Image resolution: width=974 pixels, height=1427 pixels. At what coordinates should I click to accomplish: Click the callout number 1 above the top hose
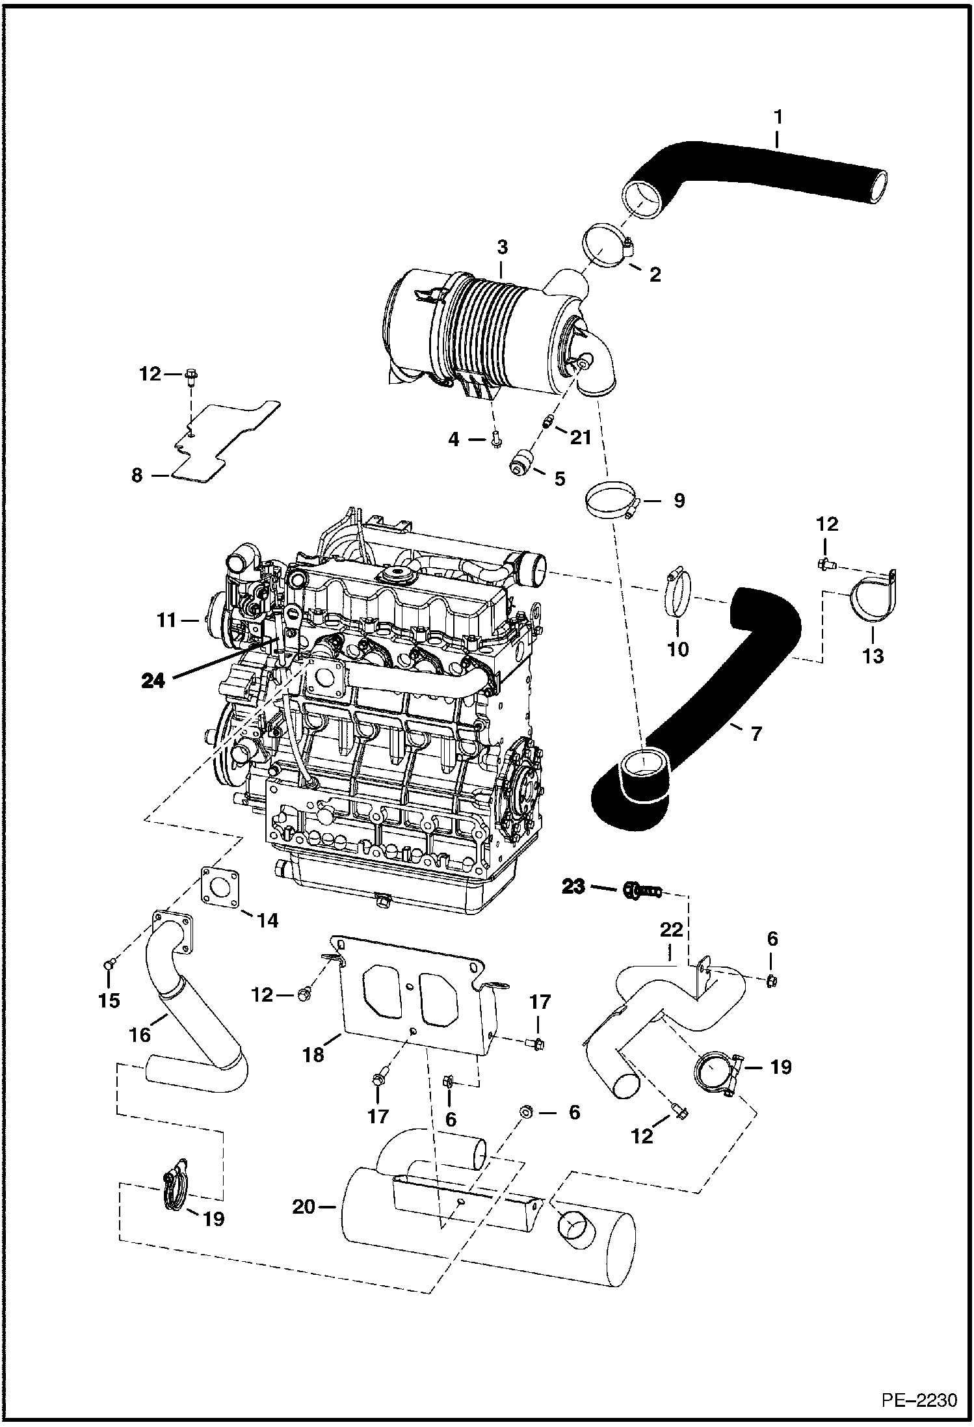pos(778,118)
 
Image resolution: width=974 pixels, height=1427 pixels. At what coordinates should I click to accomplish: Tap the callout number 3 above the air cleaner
pos(502,248)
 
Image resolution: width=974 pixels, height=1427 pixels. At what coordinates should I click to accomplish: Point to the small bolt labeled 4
pos(497,440)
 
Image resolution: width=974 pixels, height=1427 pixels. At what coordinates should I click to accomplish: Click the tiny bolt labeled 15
pos(109,963)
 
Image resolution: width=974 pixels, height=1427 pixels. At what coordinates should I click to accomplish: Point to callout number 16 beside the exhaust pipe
pos(140,1034)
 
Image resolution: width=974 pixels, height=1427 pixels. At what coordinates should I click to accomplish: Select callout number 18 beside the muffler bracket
pos(313,1054)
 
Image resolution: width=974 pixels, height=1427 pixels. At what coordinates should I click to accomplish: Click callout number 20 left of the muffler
pos(304,1207)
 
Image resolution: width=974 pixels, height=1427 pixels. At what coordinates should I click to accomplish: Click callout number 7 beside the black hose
pos(756,734)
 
